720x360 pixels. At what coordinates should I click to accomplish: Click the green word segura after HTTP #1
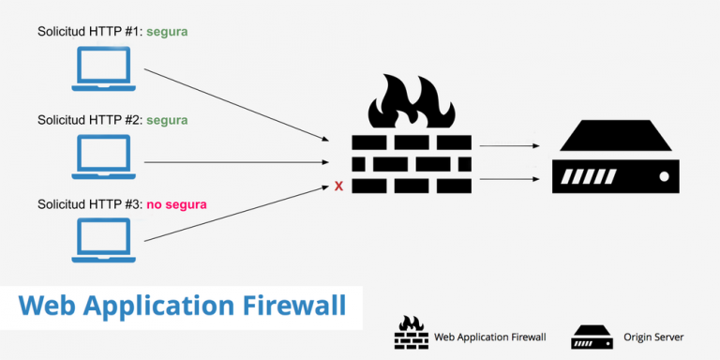(167, 32)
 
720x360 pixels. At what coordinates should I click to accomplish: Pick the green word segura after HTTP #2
(167, 120)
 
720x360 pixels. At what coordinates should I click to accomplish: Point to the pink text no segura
(176, 203)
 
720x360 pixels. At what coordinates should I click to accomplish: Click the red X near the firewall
(338, 187)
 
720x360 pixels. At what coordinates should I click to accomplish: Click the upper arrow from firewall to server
(509, 146)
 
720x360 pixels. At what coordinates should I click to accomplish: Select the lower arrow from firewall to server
(509, 177)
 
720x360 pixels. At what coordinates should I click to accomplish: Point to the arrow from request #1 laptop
(234, 104)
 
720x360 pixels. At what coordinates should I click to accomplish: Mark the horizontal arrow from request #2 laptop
(234, 162)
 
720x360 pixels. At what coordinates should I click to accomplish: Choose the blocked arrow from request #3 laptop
(234, 214)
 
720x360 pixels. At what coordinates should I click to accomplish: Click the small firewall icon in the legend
(410, 334)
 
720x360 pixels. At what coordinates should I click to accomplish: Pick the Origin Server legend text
(654, 337)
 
